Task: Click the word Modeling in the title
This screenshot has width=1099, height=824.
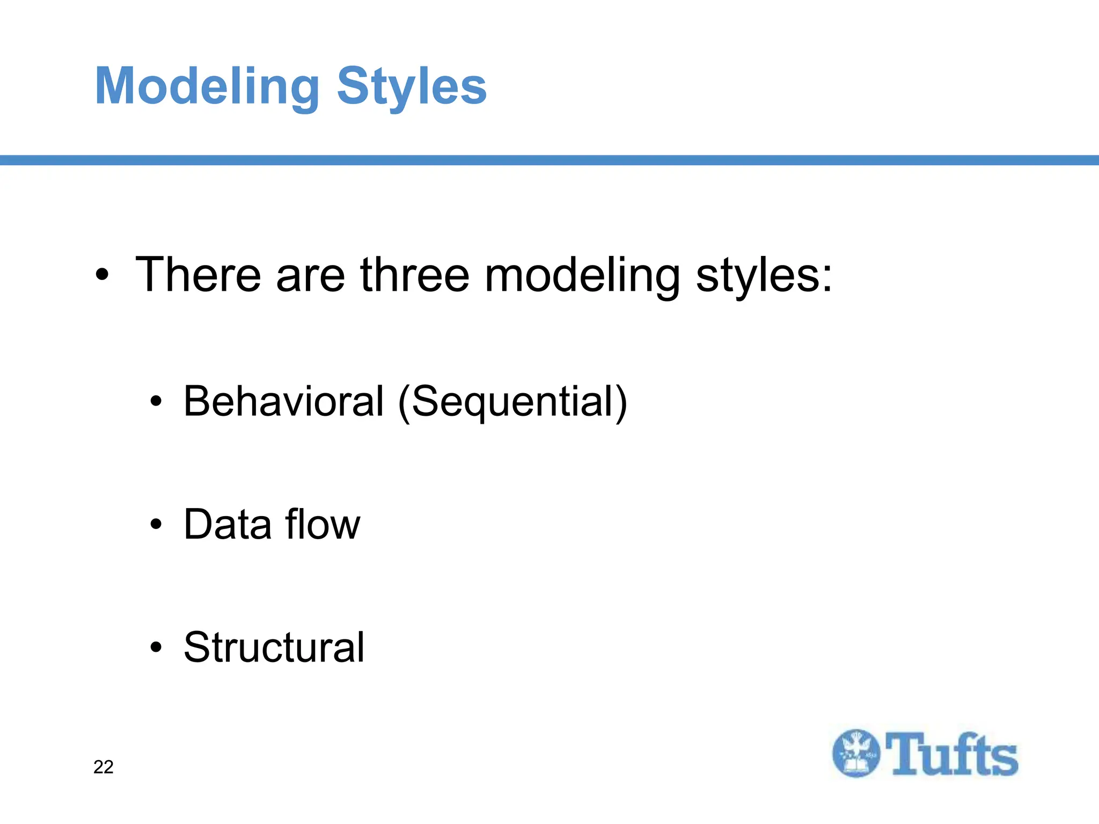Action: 207,87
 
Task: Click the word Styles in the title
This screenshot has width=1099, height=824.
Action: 412,87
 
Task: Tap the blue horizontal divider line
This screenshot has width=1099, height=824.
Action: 549,160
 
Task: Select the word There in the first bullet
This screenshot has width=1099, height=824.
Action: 198,275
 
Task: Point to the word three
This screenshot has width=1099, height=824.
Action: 415,275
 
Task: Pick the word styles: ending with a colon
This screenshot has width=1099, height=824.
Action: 764,276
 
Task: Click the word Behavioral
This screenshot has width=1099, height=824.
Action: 284,401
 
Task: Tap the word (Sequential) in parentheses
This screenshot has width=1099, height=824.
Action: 512,402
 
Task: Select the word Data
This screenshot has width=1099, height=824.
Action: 227,524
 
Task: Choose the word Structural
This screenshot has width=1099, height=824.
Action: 274,647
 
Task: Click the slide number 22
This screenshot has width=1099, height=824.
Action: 103,767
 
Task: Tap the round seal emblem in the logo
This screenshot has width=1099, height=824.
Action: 856,753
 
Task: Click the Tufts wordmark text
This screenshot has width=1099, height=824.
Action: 951,754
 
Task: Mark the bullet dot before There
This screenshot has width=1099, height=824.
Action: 102,276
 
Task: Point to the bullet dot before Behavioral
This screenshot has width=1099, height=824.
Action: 156,401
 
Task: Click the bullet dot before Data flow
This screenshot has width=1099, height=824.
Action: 156,524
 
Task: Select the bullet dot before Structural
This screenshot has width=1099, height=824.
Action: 156,647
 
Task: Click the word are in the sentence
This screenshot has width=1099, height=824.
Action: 310,276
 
